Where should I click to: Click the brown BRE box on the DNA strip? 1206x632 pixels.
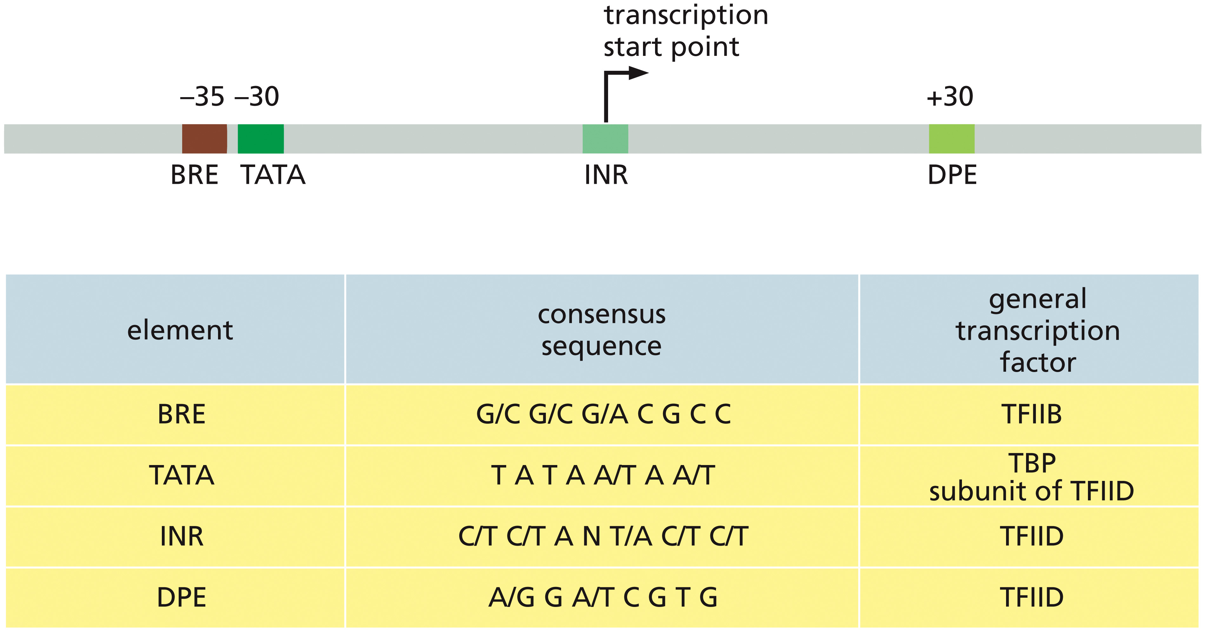pyautogui.click(x=205, y=139)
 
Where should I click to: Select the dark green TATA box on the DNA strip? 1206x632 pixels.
pyautogui.click(x=261, y=139)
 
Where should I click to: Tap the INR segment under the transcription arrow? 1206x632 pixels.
pyautogui.click(x=605, y=139)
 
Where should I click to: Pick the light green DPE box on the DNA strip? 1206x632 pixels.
pyautogui.click(x=952, y=139)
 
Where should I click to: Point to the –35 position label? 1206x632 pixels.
pyautogui.click(x=202, y=96)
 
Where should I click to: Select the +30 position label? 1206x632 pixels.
pyautogui.click(x=950, y=96)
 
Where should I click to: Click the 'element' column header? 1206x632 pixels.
pyautogui.click(x=180, y=330)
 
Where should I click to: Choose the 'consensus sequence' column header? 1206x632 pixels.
pyautogui.click(x=602, y=330)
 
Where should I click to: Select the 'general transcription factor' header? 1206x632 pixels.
pyautogui.click(x=1038, y=330)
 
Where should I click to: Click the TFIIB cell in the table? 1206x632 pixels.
pyautogui.click(x=1032, y=414)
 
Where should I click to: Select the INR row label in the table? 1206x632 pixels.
pyautogui.click(x=182, y=536)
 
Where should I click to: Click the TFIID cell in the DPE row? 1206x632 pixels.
pyautogui.click(x=1032, y=597)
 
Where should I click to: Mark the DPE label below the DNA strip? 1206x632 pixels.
pyautogui.click(x=952, y=175)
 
